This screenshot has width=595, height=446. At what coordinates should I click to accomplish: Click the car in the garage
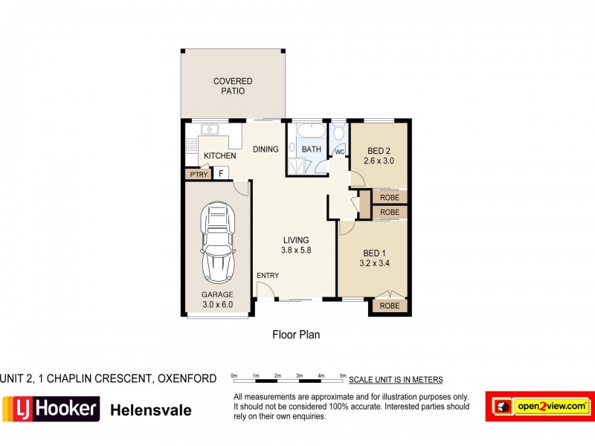coord(218,244)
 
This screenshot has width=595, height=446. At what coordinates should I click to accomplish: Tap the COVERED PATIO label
coord(233,86)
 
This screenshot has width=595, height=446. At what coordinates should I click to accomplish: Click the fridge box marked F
coord(221,174)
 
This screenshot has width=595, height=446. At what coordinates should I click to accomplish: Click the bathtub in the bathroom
coord(310,132)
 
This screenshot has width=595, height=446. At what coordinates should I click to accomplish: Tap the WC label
coord(339,152)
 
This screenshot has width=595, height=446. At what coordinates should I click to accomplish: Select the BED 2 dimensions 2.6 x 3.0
coord(379,161)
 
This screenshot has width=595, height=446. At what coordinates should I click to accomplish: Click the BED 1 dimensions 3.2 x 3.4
coord(375,262)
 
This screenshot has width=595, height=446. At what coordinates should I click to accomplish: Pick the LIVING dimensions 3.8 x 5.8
coord(296,251)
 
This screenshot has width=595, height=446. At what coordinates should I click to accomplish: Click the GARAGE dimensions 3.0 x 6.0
coord(217,304)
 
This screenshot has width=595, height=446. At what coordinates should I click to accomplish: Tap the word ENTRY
coord(268,276)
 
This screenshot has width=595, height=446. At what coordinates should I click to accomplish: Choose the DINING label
coord(266,149)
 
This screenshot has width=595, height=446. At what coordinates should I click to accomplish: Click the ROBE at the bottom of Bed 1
coord(389,306)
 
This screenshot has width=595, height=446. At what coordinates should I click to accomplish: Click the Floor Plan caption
coord(296,334)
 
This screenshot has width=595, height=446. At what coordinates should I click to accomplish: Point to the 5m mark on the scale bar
coord(343,376)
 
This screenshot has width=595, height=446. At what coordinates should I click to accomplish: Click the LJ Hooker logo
coord(51,408)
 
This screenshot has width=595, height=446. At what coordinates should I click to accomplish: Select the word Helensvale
coord(151,410)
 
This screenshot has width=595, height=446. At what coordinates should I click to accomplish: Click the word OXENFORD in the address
coord(187,378)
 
